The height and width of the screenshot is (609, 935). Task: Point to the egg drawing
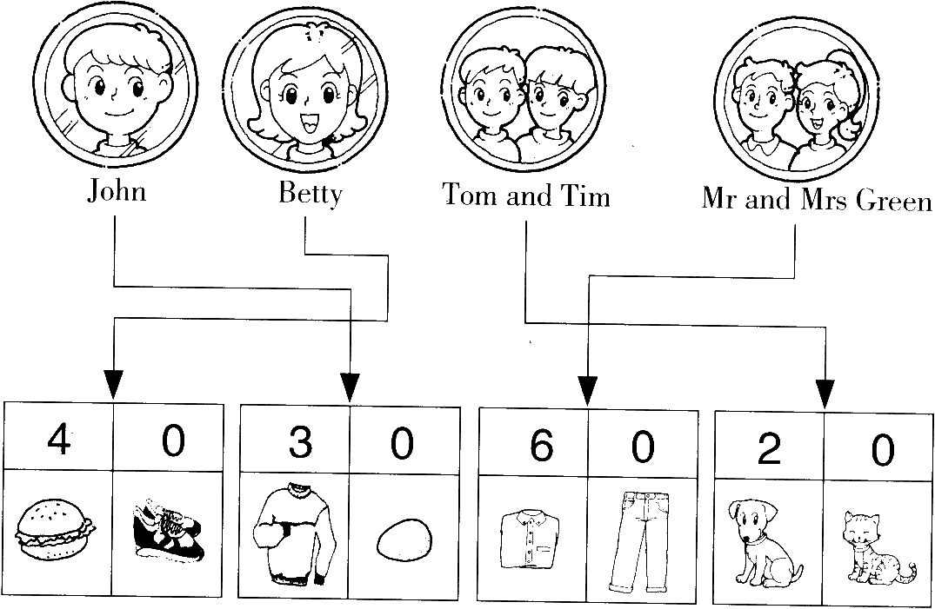(405, 539)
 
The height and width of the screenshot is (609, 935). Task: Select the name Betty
(311, 194)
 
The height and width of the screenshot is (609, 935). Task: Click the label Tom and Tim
(526, 195)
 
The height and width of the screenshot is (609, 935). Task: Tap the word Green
(894, 200)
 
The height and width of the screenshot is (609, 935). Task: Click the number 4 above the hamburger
(58, 440)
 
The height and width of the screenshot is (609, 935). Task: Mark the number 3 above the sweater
(300, 443)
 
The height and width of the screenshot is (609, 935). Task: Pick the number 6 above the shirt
(542, 446)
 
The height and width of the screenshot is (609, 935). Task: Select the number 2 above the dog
(769, 448)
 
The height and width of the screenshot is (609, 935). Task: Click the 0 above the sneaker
(173, 441)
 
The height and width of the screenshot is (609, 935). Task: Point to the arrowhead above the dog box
(825, 394)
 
